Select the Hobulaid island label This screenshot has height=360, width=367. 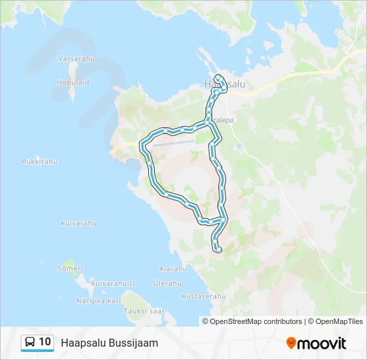click(x=73, y=82)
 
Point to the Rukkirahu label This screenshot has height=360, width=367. click(x=40, y=161)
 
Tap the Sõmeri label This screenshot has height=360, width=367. click(x=70, y=268)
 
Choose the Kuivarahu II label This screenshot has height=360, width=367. click(x=113, y=283)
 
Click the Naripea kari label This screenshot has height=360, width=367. click(x=99, y=301)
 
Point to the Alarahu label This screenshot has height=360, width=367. click(x=173, y=269)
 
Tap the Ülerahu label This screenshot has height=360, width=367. click(x=167, y=283)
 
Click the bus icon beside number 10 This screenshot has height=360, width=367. click(x=30, y=343)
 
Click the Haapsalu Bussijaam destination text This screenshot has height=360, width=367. click(x=109, y=343)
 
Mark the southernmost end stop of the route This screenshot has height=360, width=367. click(x=218, y=249)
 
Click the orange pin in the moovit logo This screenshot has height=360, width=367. click(x=291, y=343)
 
